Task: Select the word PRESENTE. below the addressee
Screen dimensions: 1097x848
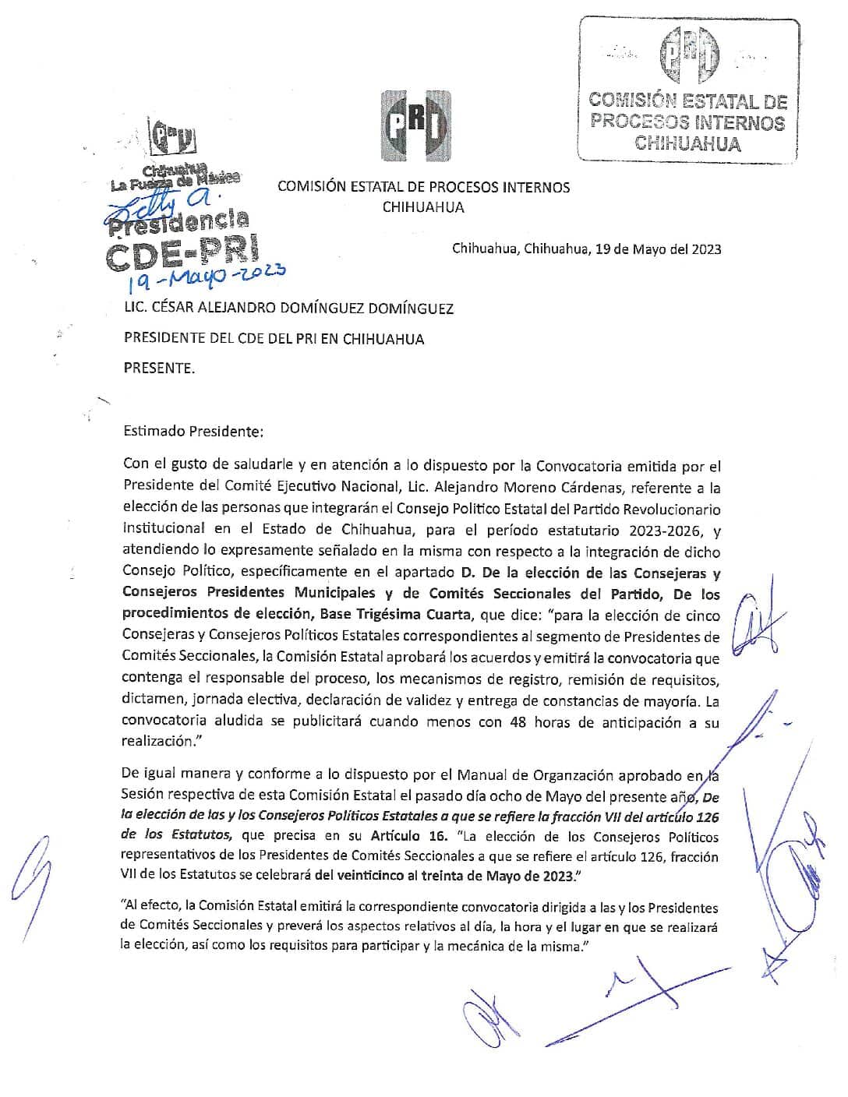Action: pos(159,369)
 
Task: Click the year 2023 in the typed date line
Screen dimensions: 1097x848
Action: pos(704,249)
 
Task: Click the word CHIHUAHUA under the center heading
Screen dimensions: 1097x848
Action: pos(423,207)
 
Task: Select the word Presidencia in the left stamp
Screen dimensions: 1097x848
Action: pos(178,222)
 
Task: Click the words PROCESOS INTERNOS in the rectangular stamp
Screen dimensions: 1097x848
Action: pos(687,122)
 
